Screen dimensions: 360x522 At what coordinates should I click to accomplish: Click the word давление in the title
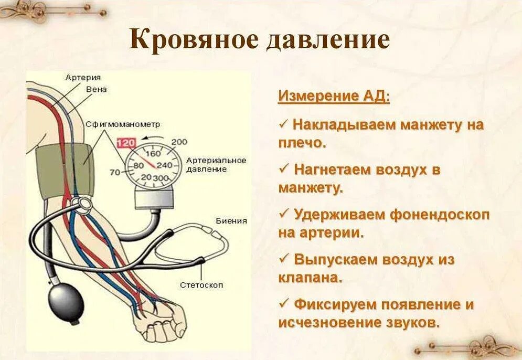[x=327, y=40]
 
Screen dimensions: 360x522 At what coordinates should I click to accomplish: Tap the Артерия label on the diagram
[x=83, y=78]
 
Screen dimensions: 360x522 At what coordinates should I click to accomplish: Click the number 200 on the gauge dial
[x=179, y=142]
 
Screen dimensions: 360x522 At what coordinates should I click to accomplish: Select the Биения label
[x=231, y=221]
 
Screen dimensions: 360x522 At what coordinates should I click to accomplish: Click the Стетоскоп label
[x=201, y=285]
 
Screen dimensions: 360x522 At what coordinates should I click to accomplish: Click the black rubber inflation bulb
[x=63, y=303]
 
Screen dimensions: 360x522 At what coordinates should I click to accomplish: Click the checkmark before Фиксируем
[x=284, y=303]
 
